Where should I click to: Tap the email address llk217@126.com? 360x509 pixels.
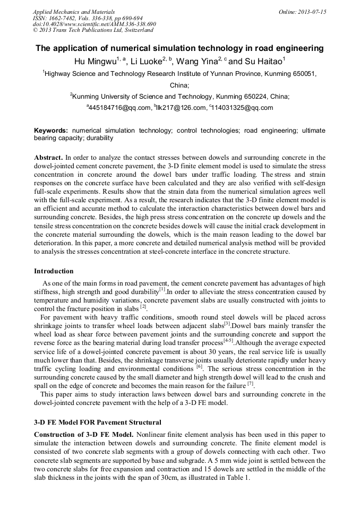(x=181, y=108)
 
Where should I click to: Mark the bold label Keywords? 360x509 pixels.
(x=51, y=130)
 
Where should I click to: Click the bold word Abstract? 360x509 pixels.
(x=48, y=158)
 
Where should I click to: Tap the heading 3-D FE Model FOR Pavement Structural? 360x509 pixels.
(x=97, y=422)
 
